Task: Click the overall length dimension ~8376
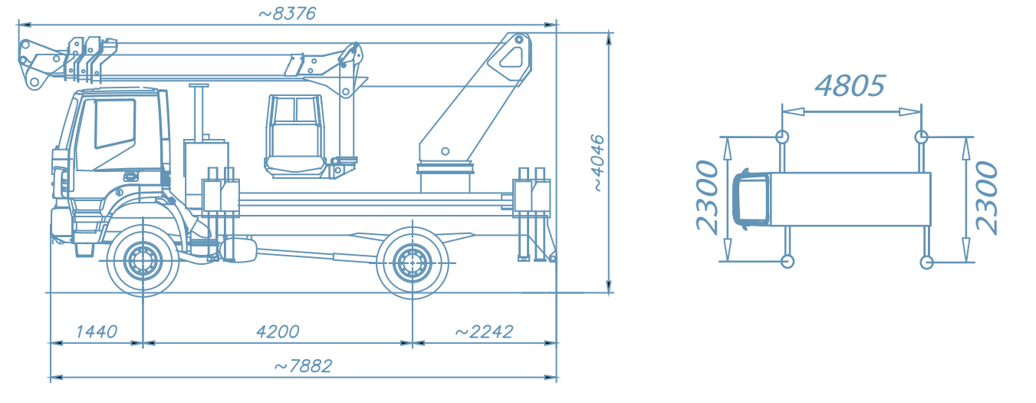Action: (287, 14)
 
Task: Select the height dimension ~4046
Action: (598, 163)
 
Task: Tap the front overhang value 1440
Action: (96, 332)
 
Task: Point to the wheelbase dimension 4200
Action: (278, 332)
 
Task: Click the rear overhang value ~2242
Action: (484, 332)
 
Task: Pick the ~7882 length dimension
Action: (303, 366)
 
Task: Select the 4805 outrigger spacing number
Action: (850, 86)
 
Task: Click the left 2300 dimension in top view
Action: (708, 197)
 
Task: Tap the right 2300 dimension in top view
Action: (986, 197)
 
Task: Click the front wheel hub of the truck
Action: (143, 262)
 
